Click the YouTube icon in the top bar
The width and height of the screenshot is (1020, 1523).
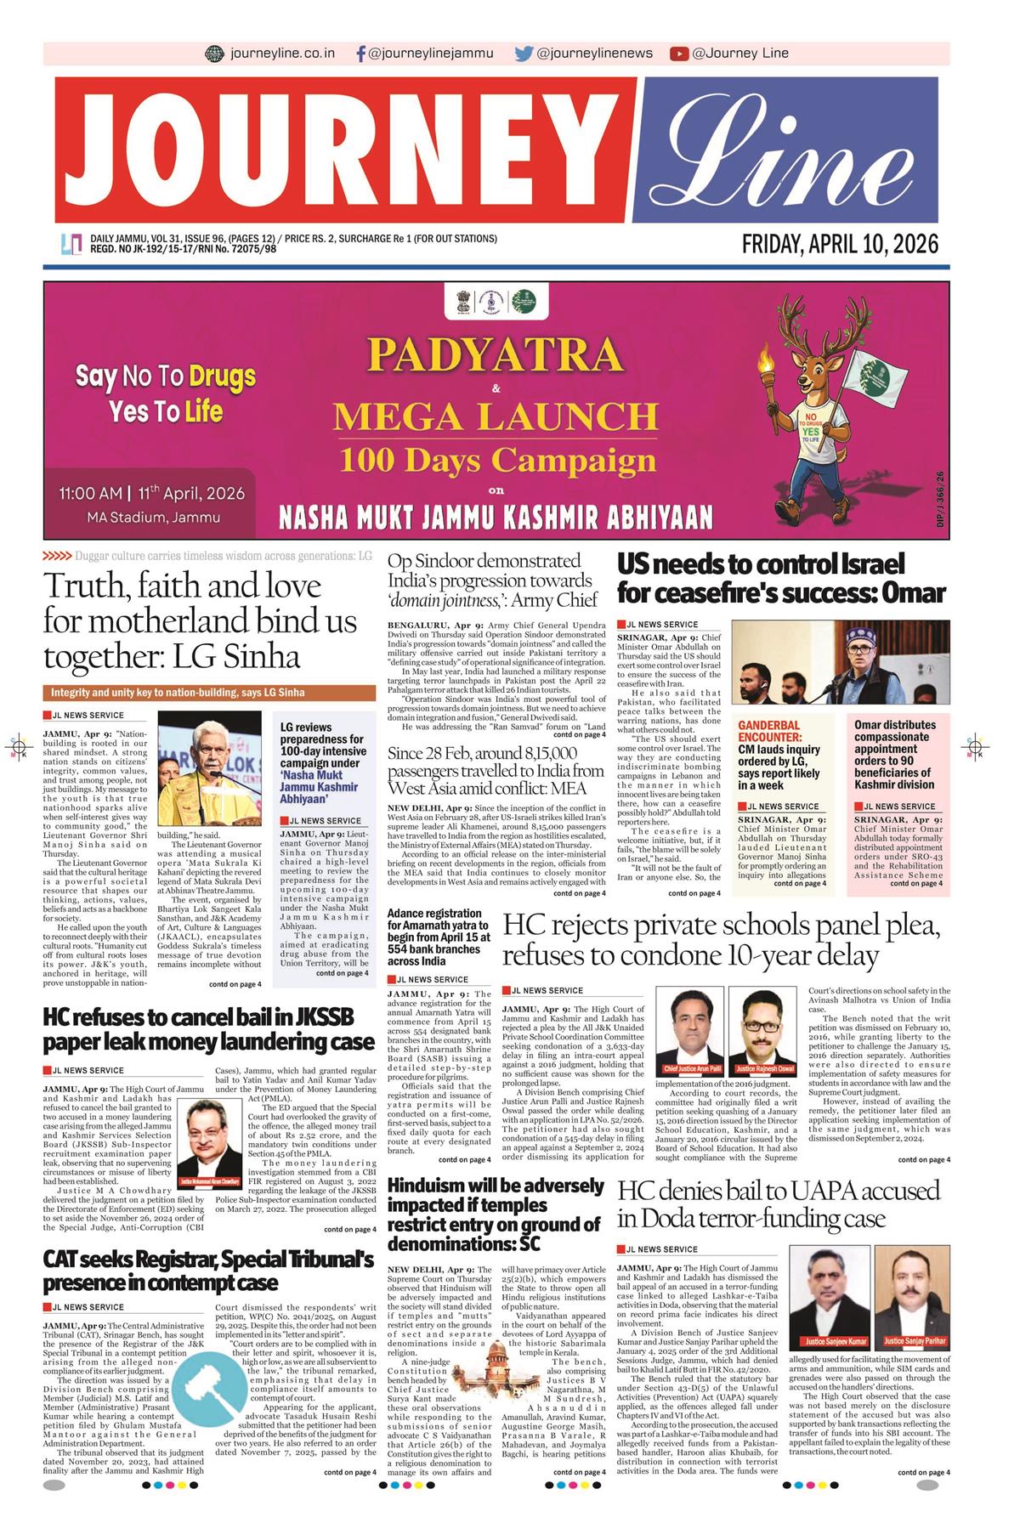[x=678, y=54]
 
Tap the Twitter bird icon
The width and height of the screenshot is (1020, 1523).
[x=524, y=54]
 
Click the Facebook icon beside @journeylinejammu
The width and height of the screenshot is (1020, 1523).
[x=362, y=54]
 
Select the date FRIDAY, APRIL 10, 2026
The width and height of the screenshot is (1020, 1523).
[x=840, y=245]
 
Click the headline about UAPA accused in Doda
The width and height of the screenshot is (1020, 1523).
[x=778, y=1204]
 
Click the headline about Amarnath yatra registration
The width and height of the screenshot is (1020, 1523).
[x=439, y=937]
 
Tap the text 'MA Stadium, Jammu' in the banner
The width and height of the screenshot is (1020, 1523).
[x=152, y=517]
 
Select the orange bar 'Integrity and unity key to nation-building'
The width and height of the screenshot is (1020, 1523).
[x=208, y=691]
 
